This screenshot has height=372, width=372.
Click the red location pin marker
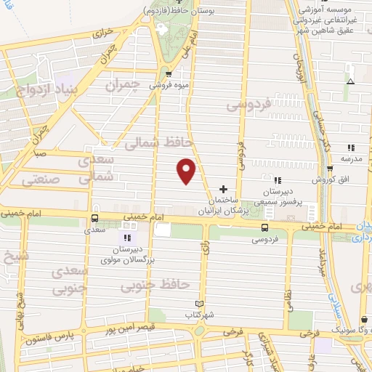[x=187, y=170]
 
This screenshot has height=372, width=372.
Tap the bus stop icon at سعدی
[x=94, y=218]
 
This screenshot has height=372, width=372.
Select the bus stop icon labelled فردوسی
[x=265, y=227]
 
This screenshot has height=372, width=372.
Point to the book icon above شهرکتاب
[x=201, y=304]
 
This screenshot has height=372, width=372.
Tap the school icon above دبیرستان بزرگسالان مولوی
[x=127, y=237]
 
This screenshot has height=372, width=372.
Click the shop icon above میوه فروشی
[x=169, y=73]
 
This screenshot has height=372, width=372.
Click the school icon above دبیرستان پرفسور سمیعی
[x=276, y=179]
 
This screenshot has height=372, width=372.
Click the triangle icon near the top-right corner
[x=350, y=81]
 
